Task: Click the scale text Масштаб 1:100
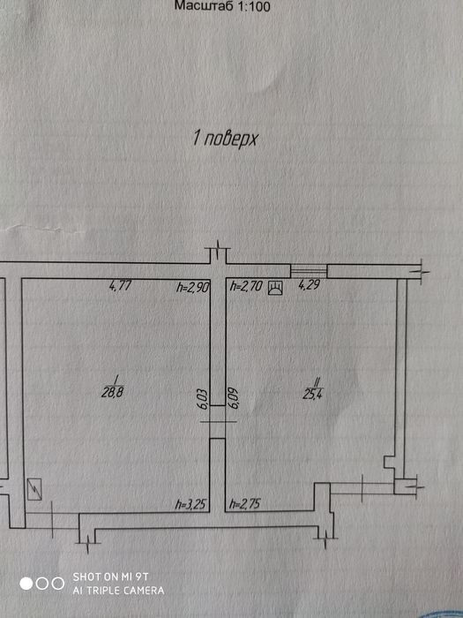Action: pos(222,6)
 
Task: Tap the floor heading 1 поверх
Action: pos(225,139)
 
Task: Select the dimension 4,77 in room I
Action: pos(120,286)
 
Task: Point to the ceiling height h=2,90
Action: pos(191,288)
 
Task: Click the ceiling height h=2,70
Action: pos(246,286)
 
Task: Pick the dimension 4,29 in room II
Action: pos(309,285)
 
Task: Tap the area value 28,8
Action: pos(113,393)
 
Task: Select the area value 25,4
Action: pos(313,394)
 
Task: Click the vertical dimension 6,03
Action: pos(204,399)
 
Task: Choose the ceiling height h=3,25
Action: pos(191,504)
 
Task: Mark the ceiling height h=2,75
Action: pos(245,504)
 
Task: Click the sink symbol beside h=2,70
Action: pos(275,288)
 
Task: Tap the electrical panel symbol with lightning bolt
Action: pos(34,489)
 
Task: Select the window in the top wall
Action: pos(309,271)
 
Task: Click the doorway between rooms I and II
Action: pos(217,422)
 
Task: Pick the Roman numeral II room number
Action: pos(316,381)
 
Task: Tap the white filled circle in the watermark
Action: pos(26,584)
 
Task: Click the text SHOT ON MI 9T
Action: pos(110,577)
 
